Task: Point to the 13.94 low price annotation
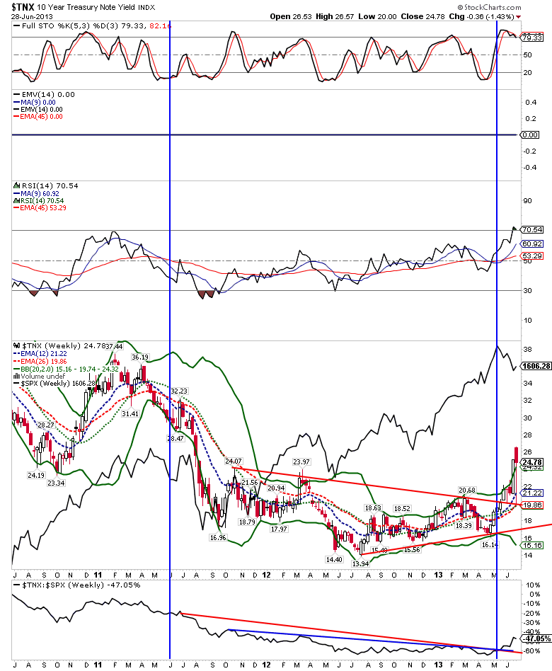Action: [x=360, y=563]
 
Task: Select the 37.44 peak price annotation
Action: [x=114, y=346]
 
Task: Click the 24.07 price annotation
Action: [x=234, y=461]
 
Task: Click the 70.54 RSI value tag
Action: [x=531, y=229]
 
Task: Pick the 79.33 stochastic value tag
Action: [x=531, y=37]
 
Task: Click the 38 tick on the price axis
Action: [x=527, y=349]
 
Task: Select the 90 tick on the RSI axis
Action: [x=527, y=200]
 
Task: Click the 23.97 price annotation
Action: [x=303, y=462]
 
